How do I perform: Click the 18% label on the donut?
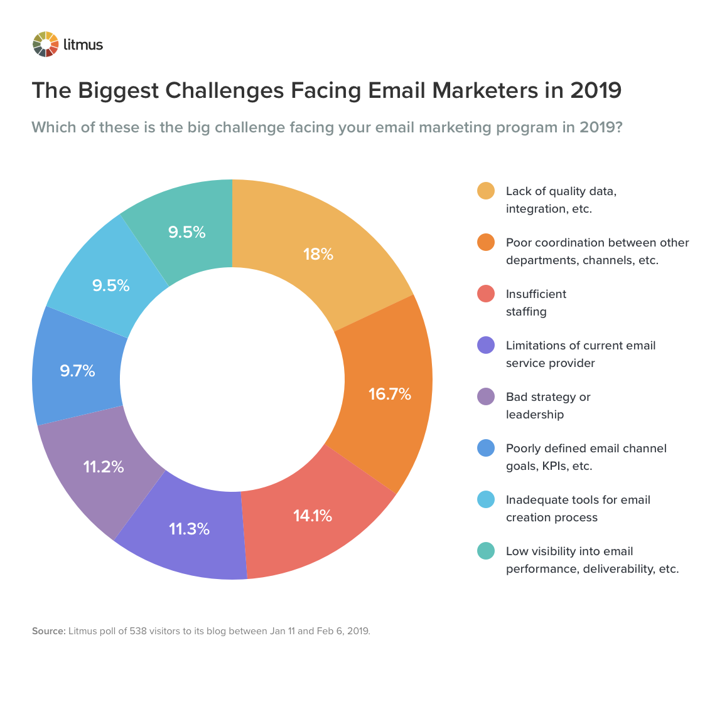coord(318,254)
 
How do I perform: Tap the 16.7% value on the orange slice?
coord(389,394)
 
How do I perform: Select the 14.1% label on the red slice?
coord(312,516)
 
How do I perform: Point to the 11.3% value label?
coord(189,529)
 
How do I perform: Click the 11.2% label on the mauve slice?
coord(104,467)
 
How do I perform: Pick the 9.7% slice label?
coord(78,371)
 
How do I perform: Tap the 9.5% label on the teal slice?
coord(186,232)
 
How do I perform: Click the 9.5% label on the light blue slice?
coord(111,285)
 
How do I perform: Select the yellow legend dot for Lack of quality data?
coord(486,191)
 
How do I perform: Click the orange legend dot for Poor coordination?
coord(486,243)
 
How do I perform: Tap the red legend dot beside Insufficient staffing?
coord(486,294)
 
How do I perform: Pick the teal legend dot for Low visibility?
coord(486,551)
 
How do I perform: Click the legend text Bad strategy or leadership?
coord(547,405)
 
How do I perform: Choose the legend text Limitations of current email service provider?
coord(580,354)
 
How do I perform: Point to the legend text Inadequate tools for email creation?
coord(578,508)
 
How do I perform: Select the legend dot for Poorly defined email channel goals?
coord(486,449)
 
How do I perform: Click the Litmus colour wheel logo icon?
coord(45,44)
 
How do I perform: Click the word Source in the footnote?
coord(48,631)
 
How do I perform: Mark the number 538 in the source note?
coord(138,631)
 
